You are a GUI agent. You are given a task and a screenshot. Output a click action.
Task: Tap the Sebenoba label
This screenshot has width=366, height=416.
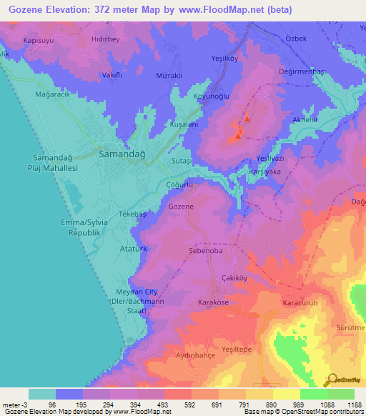click(206, 252)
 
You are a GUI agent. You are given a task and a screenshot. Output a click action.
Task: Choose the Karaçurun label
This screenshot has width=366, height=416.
click(299, 303)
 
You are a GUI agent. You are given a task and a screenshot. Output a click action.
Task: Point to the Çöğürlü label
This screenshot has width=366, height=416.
click(179, 184)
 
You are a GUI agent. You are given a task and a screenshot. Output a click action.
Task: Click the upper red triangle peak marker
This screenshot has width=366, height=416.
click(247, 119)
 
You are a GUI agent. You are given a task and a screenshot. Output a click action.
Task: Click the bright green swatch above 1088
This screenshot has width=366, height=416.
click(314, 394)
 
